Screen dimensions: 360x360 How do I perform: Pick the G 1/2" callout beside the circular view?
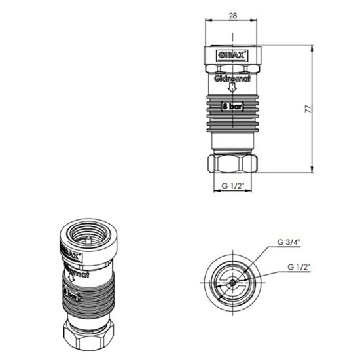pyautogui.click(x=298, y=267)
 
